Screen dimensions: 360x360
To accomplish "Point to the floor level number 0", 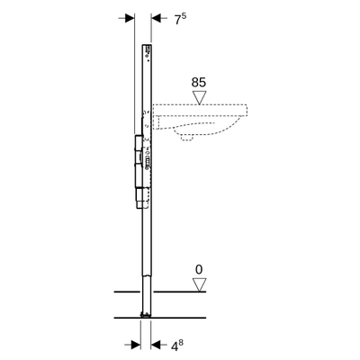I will (199, 268).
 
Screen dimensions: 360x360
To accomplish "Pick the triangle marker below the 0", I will (199, 284).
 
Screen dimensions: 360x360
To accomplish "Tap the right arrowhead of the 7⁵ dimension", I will (155, 17).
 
